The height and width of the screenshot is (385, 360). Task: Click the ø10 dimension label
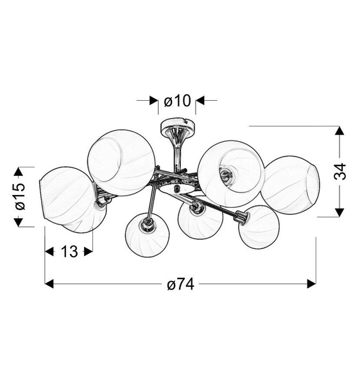coord(177,101)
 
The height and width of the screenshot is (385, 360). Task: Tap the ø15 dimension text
coord(19,196)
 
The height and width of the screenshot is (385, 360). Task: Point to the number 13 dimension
coord(69,251)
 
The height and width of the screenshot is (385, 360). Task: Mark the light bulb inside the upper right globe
coord(225,173)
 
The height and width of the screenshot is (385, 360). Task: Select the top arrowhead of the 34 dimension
coord(340,131)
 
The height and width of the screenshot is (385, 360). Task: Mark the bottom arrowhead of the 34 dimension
coord(340,212)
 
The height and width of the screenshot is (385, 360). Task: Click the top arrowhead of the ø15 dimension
coord(19,171)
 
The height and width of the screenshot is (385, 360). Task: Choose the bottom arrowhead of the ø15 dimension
coord(19,221)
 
